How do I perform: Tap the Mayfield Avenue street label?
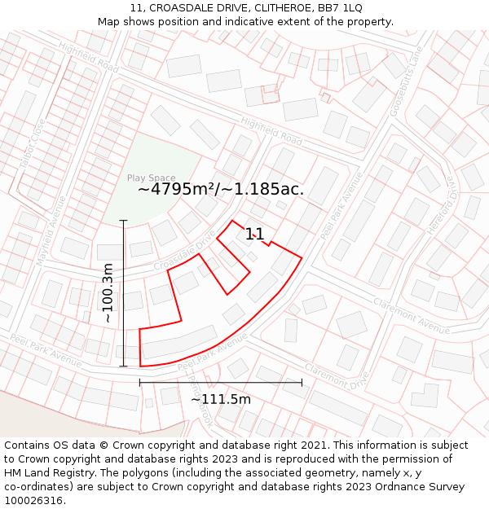54,224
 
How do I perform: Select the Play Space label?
151,178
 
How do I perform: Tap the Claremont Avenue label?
412,316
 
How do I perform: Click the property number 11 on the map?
255,235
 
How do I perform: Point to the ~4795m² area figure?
176,189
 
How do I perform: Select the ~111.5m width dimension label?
221,399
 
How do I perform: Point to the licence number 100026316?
34,501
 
